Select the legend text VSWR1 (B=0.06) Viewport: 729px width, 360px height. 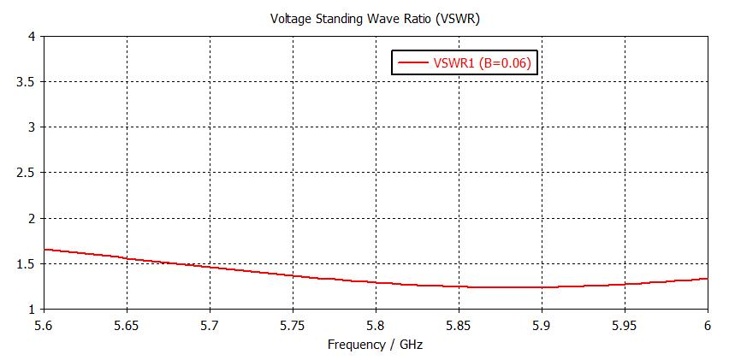tap(485, 62)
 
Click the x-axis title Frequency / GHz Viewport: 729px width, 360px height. tap(375, 345)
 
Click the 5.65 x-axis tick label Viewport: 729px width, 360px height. tap(127, 325)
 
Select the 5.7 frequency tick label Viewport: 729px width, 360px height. tap(210, 325)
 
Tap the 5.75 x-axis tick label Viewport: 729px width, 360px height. tap(293, 325)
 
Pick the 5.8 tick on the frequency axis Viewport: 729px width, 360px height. tap(376, 325)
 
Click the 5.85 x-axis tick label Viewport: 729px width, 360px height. tap(459, 325)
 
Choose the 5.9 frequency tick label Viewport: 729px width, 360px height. tap(542, 325)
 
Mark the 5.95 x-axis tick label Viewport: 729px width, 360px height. tap(625, 325)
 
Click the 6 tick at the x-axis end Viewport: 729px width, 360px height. tap(708, 325)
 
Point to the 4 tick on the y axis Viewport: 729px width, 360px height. tap(30, 37)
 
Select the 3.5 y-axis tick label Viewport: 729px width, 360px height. tap(25, 82)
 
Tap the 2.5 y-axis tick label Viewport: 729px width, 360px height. tap(25, 173)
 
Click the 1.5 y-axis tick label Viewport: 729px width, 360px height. tap(25, 263)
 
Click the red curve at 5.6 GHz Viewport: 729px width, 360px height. tap(44, 250)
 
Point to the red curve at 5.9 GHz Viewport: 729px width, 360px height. tap(542, 287)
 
